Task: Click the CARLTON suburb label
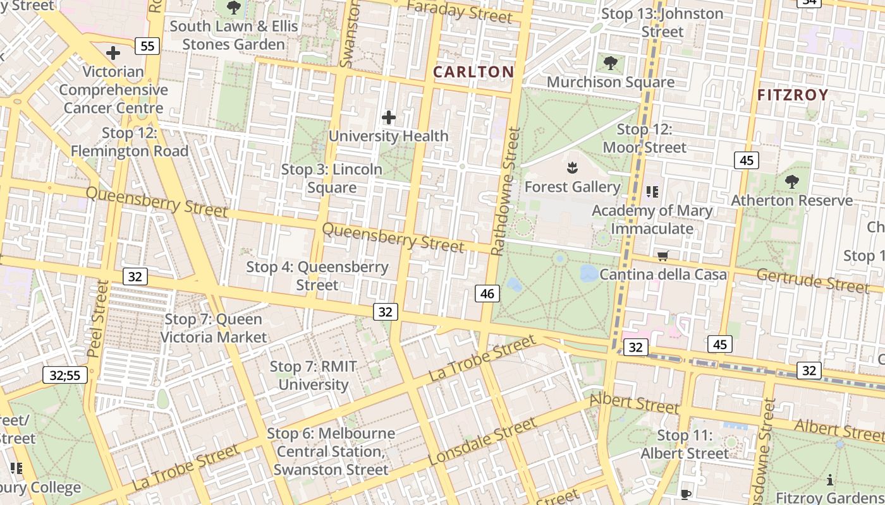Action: (x=473, y=72)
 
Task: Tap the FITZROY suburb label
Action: (x=793, y=95)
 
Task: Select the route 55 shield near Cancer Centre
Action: (x=147, y=45)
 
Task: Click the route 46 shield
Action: (x=487, y=294)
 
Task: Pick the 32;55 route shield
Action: (x=65, y=375)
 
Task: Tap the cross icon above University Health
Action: (x=389, y=117)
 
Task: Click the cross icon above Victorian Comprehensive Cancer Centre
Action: (x=113, y=53)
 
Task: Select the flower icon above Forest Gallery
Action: (x=573, y=168)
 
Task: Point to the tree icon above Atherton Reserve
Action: (x=791, y=182)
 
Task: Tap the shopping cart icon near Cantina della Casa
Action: (x=663, y=256)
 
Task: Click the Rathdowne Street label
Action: (x=506, y=191)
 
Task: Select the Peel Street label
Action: (x=101, y=319)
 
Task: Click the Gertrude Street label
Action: (x=813, y=280)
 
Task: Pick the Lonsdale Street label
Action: (x=482, y=443)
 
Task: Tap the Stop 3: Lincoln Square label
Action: (x=332, y=179)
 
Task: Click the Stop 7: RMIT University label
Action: (x=314, y=376)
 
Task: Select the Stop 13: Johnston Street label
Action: (x=662, y=23)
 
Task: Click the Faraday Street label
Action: (x=460, y=11)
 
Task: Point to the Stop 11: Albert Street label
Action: (x=685, y=444)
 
